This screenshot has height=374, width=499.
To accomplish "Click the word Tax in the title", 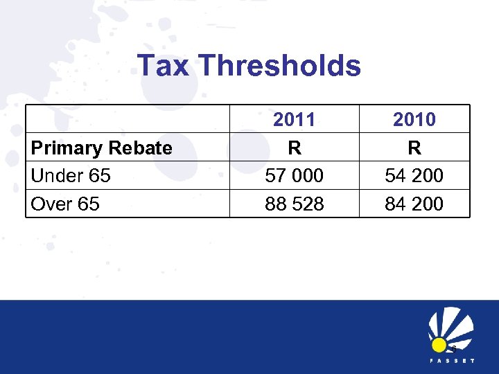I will (x=164, y=66).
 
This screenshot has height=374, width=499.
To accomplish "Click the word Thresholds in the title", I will (x=279, y=66).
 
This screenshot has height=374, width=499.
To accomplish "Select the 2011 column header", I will (x=294, y=120).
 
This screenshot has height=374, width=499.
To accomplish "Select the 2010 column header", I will (x=414, y=120).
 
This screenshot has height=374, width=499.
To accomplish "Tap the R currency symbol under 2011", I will (x=295, y=148).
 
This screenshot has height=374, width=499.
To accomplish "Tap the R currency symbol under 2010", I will (x=414, y=148).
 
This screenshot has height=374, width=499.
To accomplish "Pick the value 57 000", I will (x=295, y=176).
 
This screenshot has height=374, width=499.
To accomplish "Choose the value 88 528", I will (x=295, y=204).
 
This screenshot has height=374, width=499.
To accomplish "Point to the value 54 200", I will (x=414, y=176).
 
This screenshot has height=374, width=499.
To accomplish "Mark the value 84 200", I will (x=414, y=204).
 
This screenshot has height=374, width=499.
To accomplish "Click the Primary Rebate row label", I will (x=102, y=148).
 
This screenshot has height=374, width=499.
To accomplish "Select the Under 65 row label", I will (x=71, y=176).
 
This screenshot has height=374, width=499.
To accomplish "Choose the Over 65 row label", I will (x=65, y=204).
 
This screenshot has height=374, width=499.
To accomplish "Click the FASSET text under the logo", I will (x=451, y=361).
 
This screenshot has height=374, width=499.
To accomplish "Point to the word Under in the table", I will (x=56, y=176).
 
